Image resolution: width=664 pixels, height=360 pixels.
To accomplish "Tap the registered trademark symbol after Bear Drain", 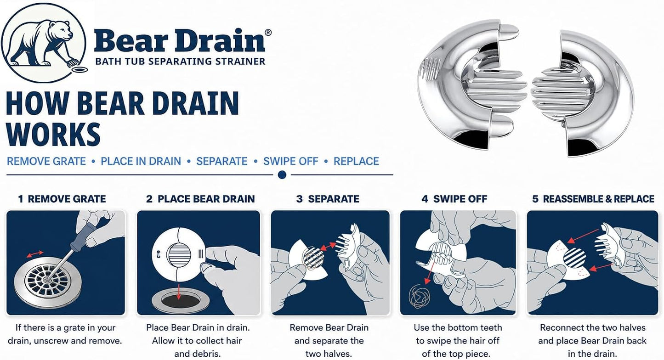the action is (268, 32).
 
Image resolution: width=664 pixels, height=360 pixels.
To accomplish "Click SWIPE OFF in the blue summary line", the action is (291, 161).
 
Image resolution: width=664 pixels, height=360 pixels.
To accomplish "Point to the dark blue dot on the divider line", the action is (282, 175).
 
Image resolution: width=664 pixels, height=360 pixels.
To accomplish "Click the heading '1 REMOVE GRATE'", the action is (62, 199).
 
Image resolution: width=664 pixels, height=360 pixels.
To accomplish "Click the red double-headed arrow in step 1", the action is (35, 254).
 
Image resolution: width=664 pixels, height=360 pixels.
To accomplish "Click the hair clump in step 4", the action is (419, 296).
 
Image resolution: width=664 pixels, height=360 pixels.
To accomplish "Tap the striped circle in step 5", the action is (574, 258).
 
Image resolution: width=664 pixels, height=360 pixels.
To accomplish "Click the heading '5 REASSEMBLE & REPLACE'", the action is (593, 199).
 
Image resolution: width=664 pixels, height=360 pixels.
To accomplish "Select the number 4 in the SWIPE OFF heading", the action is (425, 199).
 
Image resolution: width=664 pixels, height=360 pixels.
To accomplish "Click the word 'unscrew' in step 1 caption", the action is (51, 341).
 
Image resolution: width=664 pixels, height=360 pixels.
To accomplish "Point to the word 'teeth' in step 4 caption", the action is (489, 328).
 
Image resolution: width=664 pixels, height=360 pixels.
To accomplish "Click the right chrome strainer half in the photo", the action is (583, 93).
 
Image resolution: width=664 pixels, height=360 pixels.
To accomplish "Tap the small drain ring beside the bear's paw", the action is (80, 70).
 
